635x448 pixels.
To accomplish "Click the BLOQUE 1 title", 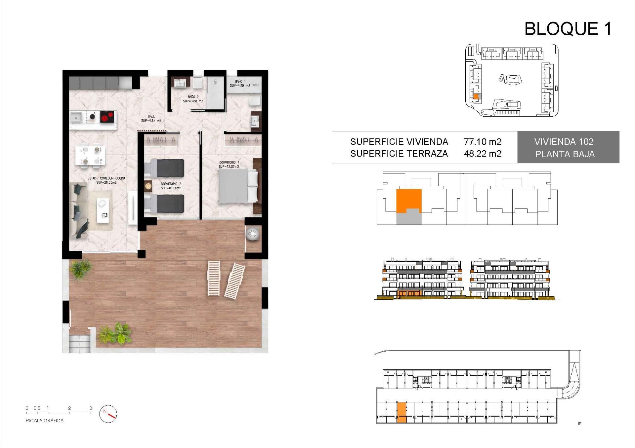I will [x=568, y=29].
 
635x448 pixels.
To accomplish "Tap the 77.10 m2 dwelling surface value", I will [x=482, y=142].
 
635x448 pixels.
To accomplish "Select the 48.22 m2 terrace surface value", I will [x=482, y=154].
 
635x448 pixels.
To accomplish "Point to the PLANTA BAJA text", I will [x=565, y=154].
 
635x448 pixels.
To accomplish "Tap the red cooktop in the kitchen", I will [x=107, y=117].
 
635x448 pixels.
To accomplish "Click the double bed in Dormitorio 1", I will [x=237, y=186].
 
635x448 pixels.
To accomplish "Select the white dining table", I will [x=90, y=155].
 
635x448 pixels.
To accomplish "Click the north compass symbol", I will [x=108, y=414].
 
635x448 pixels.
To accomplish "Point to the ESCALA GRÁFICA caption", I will [x=44, y=421].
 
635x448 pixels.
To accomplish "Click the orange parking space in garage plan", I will [x=401, y=412].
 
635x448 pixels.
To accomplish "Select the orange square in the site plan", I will [x=476, y=96].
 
